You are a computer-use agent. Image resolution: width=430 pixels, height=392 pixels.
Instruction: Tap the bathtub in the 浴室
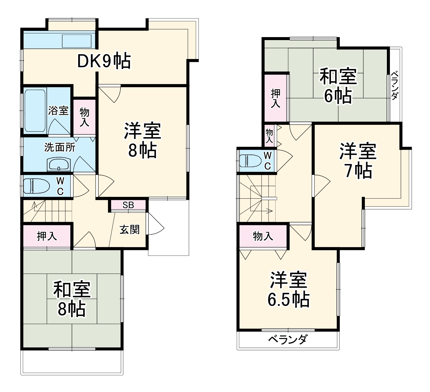(35, 111)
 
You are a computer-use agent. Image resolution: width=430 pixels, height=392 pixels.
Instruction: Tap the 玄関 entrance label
(129, 230)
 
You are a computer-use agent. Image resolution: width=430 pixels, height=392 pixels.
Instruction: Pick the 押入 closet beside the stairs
(47, 236)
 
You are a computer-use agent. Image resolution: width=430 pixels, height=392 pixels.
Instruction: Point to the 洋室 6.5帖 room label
(288, 289)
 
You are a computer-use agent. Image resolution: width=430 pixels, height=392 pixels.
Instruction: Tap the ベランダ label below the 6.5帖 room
(287, 339)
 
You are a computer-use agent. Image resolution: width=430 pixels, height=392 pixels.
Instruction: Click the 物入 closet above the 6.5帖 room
(263, 236)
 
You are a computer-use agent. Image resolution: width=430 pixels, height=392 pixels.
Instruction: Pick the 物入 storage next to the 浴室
(84, 117)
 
